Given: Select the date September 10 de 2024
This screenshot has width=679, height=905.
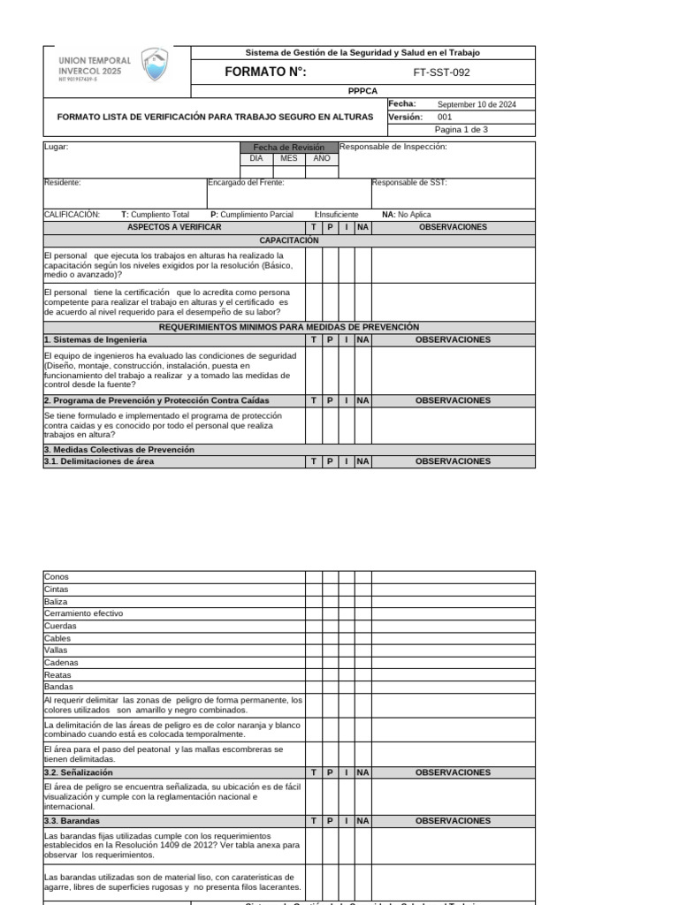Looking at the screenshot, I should coord(477,104).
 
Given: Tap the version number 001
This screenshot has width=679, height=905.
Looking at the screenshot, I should coord(445,117).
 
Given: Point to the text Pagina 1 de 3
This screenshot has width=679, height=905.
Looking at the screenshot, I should coord(461,129).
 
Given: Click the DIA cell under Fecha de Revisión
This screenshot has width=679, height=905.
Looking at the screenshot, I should coord(256,158).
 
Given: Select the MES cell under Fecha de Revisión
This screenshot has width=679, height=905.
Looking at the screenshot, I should coord(289,158).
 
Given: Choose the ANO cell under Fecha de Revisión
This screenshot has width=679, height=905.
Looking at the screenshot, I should coord(322,158).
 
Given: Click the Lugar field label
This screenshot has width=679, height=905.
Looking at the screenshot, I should coord(56,147).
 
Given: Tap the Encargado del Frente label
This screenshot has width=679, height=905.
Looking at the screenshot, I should coord(246,182).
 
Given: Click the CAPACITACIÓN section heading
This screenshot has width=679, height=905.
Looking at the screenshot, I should coord(289,240).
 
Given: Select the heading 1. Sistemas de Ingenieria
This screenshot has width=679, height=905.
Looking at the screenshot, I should coord(95,339).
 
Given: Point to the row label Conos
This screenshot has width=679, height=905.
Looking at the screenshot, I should coord(55,576).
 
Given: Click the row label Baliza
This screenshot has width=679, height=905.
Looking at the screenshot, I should coord(56,601).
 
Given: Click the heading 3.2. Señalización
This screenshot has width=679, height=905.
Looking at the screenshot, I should coord(78,772).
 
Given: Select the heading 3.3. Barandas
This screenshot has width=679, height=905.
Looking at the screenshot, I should coord(72,820).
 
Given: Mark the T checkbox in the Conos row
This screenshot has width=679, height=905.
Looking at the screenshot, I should coord(314,576).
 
